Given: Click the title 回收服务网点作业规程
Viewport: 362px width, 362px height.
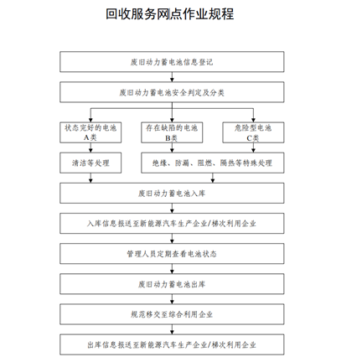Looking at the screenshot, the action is click(170, 14).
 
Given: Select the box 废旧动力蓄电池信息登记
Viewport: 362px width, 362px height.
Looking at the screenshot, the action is click(172, 62).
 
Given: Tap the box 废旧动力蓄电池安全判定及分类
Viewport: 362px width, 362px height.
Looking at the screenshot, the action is click(172, 92).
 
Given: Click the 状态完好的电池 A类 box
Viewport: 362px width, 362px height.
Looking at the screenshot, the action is click(90, 132).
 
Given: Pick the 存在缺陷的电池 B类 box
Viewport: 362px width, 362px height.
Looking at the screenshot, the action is click(172, 132).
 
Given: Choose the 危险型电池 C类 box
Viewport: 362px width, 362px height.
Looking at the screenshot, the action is click(253, 132).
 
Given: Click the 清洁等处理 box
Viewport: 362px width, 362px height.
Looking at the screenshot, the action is click(90, 163).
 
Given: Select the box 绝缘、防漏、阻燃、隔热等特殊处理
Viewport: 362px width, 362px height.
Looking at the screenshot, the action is click(213, 163).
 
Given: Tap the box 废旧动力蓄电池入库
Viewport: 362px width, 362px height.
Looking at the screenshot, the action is click(172, 193).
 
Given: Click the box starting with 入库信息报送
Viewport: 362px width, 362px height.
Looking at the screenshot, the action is click(172, 224).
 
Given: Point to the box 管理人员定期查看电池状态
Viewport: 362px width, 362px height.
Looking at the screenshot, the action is click(172, 254).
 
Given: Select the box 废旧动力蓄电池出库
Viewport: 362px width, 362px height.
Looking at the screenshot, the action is click(172, 284).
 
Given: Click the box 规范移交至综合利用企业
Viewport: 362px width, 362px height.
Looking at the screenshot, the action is click(172, 314).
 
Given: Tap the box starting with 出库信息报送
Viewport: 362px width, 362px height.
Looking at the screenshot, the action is click(172, 344).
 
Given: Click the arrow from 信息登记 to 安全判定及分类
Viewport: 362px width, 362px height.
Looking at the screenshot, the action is click(172, 77).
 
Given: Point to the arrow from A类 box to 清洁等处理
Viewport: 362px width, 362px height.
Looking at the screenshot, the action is click(90, 147).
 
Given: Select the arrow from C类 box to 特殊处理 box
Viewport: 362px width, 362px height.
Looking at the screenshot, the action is click(253, 147).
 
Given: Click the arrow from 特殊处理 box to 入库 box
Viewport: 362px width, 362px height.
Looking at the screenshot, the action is click(213, 178).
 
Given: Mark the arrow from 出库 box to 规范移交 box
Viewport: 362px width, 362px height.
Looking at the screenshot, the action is click(172, 299).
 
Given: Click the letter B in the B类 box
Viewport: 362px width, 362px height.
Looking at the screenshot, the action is click(168, 138).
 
